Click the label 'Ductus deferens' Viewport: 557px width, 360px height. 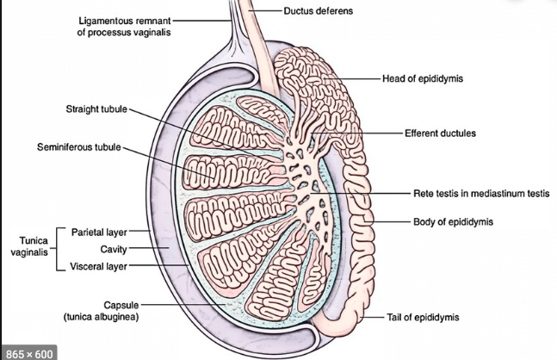tap(319, 11)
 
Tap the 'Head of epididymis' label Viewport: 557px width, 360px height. tap(424, 78)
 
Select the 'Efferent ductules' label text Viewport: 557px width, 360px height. tap(440, 133)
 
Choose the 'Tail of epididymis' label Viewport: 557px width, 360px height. tap(424, 318)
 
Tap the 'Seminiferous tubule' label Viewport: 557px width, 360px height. tap(78, 147)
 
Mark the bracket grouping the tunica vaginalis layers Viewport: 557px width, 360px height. tap(57, 249)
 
